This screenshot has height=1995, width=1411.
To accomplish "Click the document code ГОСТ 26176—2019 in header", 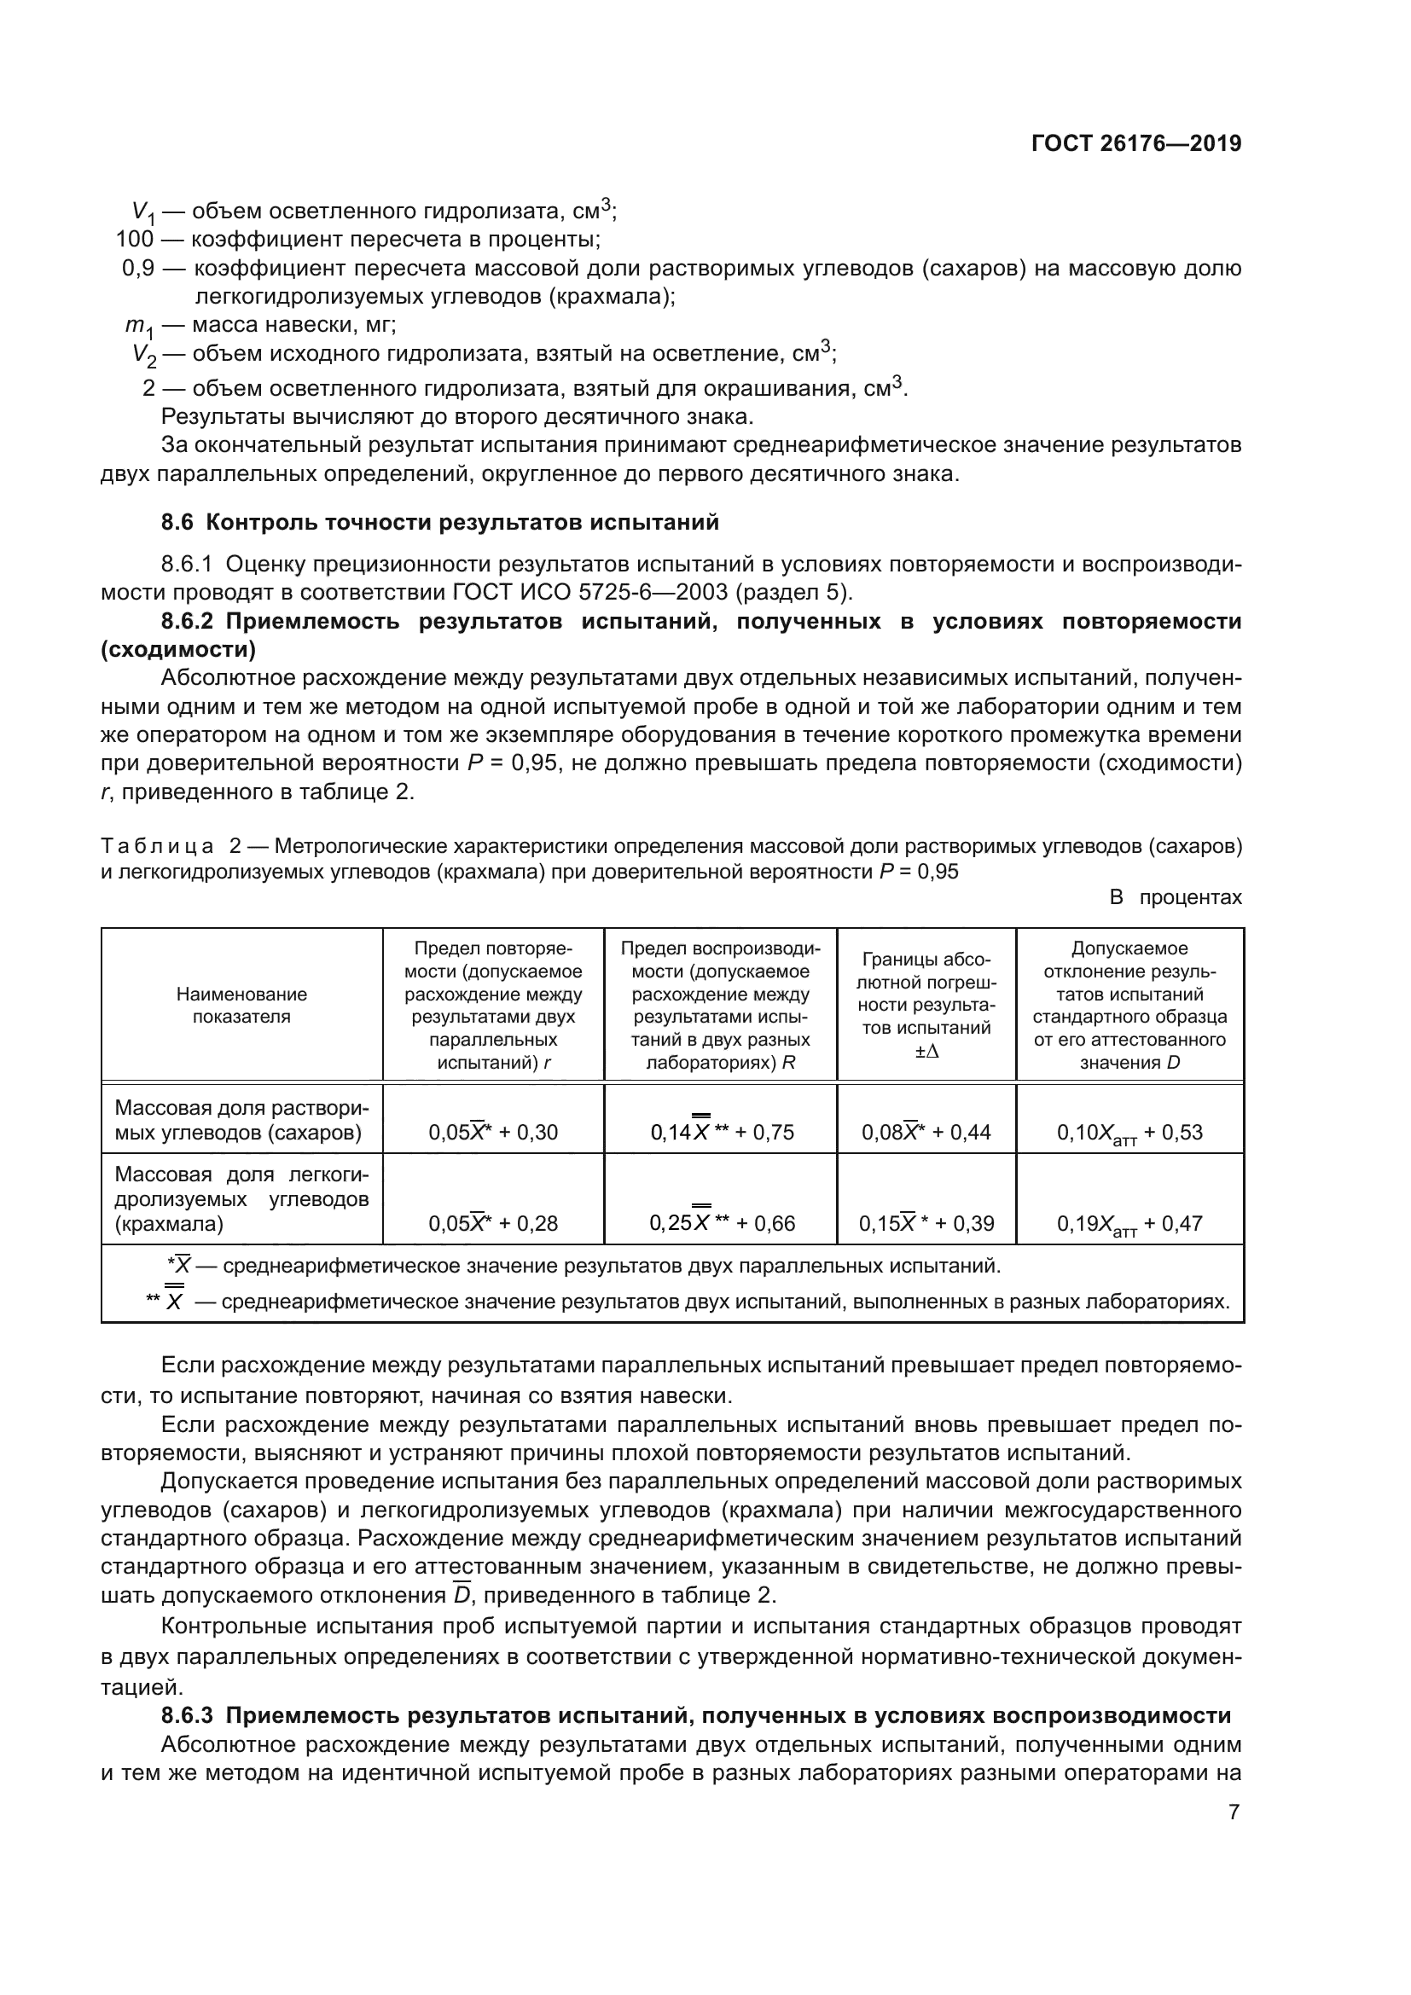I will point(1135,143).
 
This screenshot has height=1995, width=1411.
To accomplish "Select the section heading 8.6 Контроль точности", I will point(439,522).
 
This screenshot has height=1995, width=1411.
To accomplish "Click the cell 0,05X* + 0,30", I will point(492,1132).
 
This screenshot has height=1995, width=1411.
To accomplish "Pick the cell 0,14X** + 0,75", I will point(721,1131).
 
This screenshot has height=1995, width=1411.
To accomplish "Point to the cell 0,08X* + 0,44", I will point(926,1132).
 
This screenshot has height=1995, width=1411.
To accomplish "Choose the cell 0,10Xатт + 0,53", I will point(1129,1133).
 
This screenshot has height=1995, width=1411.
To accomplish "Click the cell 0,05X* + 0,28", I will point(492,1223).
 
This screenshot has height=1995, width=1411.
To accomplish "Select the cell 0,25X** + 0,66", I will point(721,1222).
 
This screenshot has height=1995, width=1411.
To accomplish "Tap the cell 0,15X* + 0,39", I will point(926,1223).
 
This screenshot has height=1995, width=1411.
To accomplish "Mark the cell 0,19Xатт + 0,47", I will point(1129,1224).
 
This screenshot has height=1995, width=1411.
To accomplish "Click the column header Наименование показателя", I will point(241,1006).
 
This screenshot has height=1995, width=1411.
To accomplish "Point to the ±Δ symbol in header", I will point(926,1052).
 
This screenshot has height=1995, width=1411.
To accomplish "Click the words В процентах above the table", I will point(1176,897).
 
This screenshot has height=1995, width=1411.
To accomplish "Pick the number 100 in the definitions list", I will point(135,239).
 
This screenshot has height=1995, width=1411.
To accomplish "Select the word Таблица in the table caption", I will point(157,846).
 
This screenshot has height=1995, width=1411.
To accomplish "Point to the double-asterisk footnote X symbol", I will point(175,1302).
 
